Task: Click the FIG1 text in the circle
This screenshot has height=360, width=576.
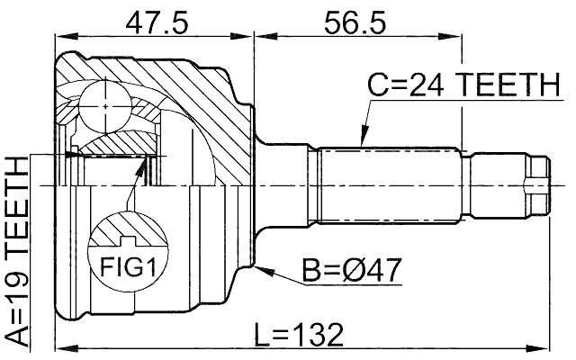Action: pyautogui.click(x=127, y=267)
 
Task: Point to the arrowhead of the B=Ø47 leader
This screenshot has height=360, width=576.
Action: pyautogui.click(x=257, y=267)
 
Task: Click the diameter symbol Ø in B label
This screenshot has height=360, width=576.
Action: pyautogui.click(x=359, y=269)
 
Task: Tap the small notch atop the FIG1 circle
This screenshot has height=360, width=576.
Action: pyautogui.click(x=127, y=240)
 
